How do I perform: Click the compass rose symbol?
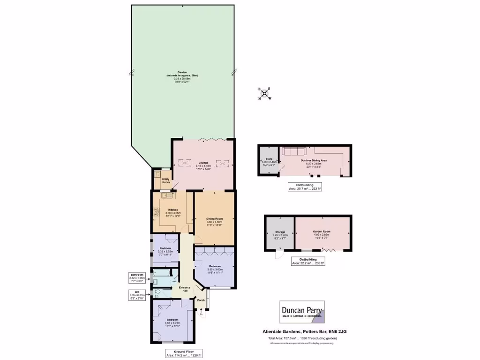coord(264,93)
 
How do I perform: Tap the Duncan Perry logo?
coord(302,312)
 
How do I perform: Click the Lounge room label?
coord(202,165)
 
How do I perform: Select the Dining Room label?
coord(214,221)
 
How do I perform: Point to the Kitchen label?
coord(173,212)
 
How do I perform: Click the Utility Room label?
coord(165,180)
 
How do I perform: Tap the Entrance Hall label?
coord(182,291)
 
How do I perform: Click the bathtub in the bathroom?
coord(161,274)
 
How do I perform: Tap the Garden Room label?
coord(322,233)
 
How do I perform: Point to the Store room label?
coord(269,162)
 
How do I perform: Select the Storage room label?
coord(279,233)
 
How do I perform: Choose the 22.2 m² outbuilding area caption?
coord(308,262)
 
